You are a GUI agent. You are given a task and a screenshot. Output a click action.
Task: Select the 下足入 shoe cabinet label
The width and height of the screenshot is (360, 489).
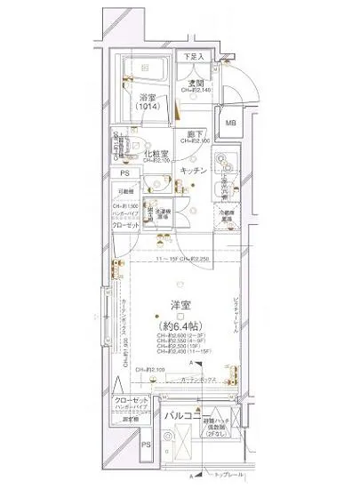pyautogui.click(x=193, y=57)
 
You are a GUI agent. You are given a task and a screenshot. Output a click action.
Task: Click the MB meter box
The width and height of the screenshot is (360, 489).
pyautogui.click(x=231, y=123)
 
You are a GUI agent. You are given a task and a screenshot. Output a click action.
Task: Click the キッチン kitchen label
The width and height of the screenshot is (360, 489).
pyautogui.click(x=194, y=169)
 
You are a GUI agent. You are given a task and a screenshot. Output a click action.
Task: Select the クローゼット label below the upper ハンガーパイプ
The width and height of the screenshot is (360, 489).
pyautogui.click(x=124, y=226)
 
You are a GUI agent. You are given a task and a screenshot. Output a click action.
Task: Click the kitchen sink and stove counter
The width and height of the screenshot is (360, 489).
pyautogui.click(x=226, y=169)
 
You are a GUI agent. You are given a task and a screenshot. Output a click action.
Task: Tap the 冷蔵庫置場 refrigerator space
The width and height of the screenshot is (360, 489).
pyautogui.click(x=225, y=215)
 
